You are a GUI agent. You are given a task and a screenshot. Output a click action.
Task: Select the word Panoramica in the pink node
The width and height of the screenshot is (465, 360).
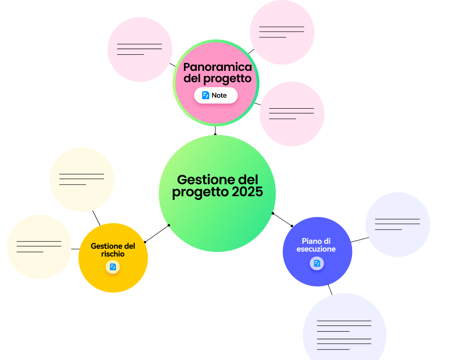217,67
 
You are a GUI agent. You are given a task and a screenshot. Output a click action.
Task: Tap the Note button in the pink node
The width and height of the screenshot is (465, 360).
215,95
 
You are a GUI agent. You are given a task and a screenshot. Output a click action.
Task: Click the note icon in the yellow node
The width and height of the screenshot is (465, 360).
112,267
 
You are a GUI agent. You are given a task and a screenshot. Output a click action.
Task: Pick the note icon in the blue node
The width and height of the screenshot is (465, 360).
317,263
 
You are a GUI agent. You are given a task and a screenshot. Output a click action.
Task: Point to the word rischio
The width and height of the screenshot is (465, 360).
113,254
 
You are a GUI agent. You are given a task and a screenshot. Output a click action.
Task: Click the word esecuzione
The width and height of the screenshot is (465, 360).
316,249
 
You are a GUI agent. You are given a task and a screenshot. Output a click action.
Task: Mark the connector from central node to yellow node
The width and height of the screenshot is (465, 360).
157,233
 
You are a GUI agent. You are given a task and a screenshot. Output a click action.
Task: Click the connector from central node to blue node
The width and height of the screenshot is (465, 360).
283,220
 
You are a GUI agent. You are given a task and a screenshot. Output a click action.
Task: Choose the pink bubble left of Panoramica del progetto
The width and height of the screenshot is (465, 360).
140,49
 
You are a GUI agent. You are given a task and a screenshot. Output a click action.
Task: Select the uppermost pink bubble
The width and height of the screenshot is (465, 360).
282,32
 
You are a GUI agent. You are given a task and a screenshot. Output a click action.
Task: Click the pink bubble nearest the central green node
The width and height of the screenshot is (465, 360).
292,114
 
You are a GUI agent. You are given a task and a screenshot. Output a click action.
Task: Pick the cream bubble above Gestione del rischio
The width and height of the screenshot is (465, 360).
82,179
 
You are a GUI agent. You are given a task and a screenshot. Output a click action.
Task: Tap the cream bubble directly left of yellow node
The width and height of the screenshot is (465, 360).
39,247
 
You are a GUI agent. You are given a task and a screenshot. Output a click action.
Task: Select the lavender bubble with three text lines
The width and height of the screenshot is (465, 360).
397,224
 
